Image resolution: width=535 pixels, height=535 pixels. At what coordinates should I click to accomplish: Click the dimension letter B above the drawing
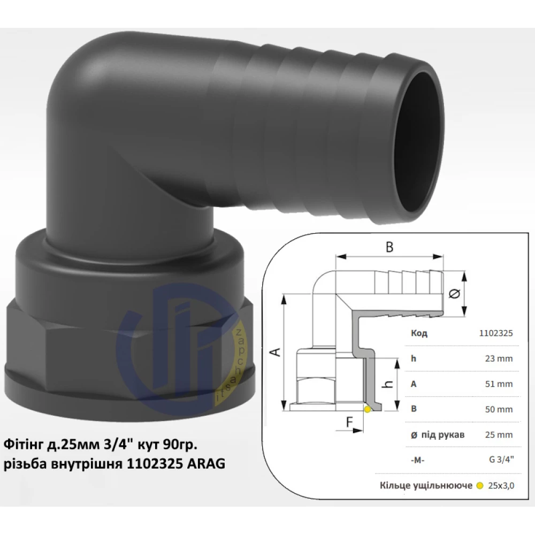point(389,247)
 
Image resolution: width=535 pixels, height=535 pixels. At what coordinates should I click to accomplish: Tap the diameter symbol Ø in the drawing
point(455,294)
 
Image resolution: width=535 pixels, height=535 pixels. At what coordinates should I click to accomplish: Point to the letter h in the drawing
point(387,384)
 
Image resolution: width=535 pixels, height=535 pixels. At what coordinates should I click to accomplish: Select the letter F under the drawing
point(349,423)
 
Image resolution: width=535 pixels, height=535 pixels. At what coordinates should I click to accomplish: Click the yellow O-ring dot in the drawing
point(367,409)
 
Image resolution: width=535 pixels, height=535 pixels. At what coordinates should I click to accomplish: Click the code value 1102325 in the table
point(496,333)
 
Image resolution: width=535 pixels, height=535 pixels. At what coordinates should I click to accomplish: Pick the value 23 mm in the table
point(499,358)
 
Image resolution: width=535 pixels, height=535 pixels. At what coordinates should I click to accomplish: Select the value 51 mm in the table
point(499,384)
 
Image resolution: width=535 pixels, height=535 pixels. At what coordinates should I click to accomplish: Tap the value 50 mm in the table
point(499,409)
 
